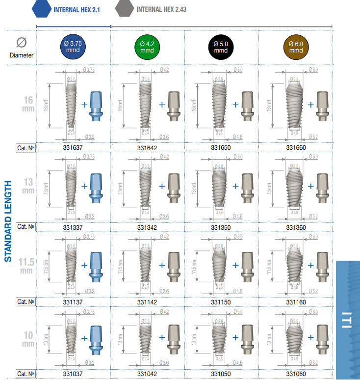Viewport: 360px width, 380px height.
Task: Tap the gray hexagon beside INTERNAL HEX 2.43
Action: pyautogui.click(x=125, y=9)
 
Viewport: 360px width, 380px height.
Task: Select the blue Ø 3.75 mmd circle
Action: pyautogui.click(x=74, y=47)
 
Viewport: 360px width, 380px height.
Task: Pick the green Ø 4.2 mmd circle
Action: pyautogui.click(x=147, y=47)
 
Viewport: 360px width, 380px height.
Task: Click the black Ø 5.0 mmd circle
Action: pyautogui.click(x=221, y=47)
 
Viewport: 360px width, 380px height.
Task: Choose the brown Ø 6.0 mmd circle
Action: pyautogui.click(x=296, y=47)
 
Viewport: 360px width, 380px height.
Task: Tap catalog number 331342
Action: pyautogui.click(x=147, y=227)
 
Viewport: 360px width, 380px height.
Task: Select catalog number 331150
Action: pyautogui.click(x=221, y=302)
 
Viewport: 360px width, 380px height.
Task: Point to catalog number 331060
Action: pyautogui.click(x=296, y=374)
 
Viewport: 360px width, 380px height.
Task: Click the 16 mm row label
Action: pyautogui.click(x=28, y=104)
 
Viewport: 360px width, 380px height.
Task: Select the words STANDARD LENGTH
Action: pyautogui.click(x=8, y=221)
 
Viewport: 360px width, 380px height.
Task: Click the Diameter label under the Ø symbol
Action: pyautogui.click(x=22, y=55)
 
